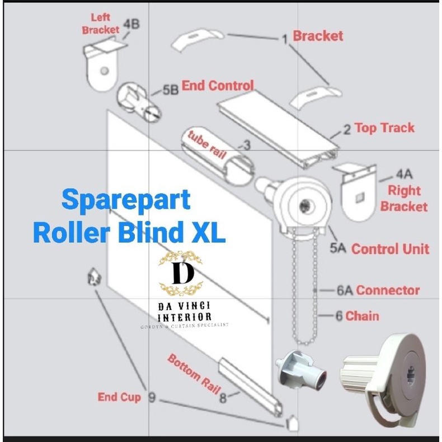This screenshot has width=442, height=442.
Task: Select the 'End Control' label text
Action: point(218,86)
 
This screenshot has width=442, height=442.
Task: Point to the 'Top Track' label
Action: point(384,128)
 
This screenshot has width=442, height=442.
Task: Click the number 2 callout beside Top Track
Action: point(347,129)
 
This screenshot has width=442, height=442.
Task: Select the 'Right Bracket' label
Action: point(403,198)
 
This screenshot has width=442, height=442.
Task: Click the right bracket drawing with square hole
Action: point(355,190)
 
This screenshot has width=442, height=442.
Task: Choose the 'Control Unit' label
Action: point(390,249)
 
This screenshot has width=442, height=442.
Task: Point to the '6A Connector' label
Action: point(385,290)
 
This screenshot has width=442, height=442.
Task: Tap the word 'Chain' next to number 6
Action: point(362,316)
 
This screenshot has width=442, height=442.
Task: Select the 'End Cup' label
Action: point(119,397)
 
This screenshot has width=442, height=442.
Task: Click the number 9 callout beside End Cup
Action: point(152,397)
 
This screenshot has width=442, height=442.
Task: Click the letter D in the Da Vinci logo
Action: point(180,274)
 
